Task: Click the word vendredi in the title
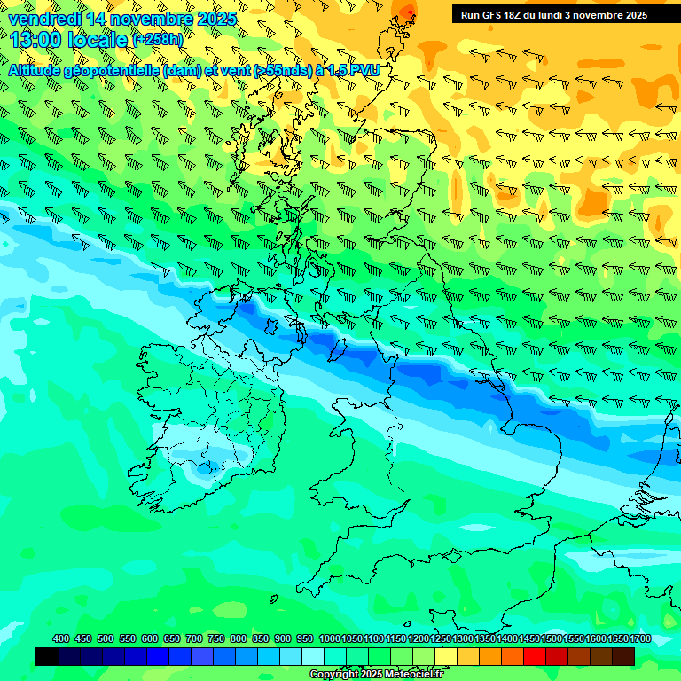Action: tap(43, 19)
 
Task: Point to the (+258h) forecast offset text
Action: tap(158, 40)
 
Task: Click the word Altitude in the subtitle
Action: tap(39, 70)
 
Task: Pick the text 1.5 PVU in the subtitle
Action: tap(354, 70)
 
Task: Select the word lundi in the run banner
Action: tap(565, 15)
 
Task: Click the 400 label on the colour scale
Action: tap(61, 638)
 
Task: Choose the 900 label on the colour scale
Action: tap(283, 638)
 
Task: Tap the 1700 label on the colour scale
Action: tap(640, 638)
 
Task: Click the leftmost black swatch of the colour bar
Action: tap(46, 656)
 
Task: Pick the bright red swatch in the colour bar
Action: tap(535, 656)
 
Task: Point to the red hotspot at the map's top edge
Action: tap(407, 11)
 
